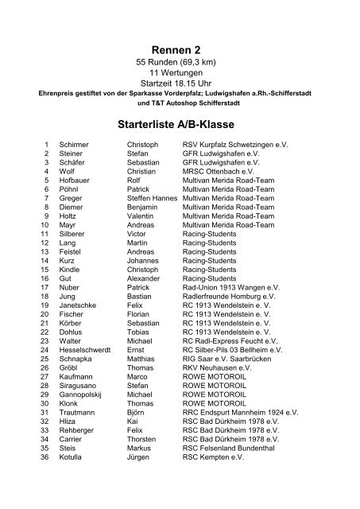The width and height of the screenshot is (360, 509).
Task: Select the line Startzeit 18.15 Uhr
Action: pos(180,87)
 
